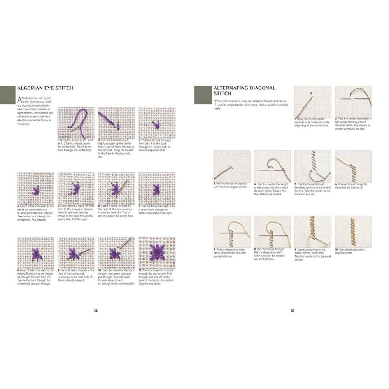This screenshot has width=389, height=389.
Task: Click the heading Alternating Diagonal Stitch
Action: coord(244,91)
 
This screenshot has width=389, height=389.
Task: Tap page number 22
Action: coord(95,310)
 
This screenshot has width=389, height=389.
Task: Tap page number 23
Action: coord(293,310)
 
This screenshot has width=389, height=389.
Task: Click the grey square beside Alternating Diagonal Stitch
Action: coord(203,95)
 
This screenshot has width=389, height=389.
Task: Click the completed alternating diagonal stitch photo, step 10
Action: coord(353,231)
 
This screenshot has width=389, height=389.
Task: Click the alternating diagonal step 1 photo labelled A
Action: coord(313,102)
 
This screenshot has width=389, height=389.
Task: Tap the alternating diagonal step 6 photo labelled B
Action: coord(353,166)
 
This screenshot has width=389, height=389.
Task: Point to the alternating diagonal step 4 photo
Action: coord(272,166)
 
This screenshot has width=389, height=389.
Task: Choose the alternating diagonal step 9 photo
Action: coord(313,231)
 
